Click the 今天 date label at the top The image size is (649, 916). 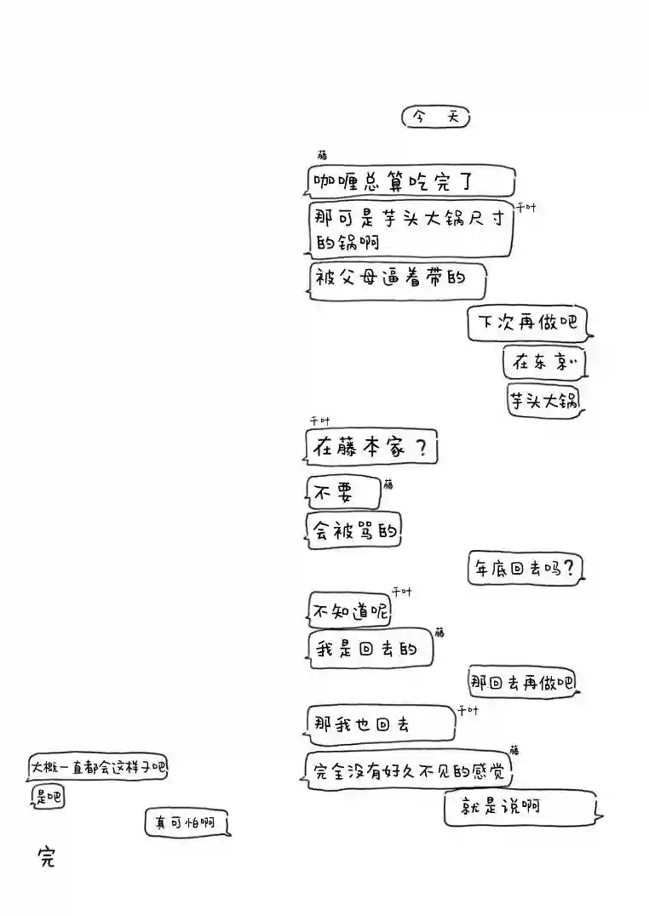point(435,117)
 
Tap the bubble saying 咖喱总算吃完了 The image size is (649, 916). point(411,181)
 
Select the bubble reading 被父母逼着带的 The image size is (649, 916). point(396,281)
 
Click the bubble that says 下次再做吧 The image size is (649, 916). point(527,323)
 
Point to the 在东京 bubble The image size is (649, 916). point(544,364)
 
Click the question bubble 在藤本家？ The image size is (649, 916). point(371,447)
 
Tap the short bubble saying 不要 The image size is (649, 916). point(343,492)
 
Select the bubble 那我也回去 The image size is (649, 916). point(380,724)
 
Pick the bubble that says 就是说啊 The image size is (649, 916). point(519,807)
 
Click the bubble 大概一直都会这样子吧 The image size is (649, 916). point(99,767)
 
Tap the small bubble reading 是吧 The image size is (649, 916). point(48,798)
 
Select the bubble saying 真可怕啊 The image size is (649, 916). point(186,823)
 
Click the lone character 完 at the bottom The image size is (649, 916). point(46,857)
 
